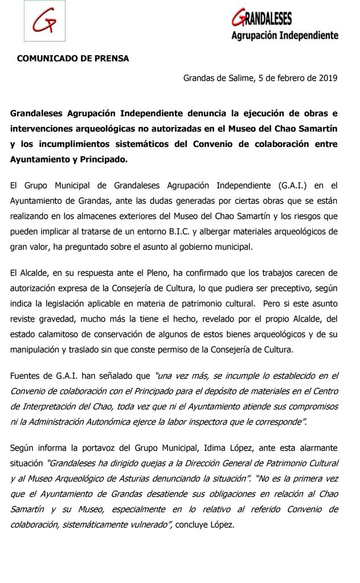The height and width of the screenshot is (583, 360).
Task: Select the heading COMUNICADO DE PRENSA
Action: coord(73,58)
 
